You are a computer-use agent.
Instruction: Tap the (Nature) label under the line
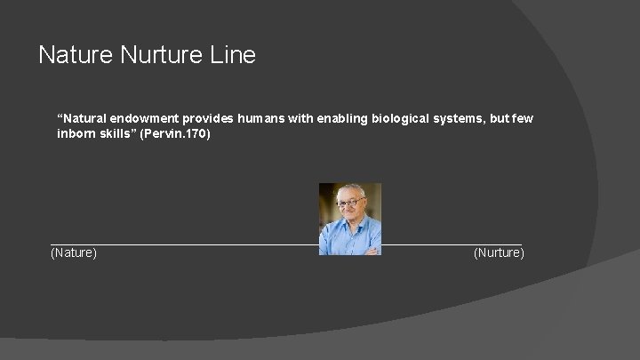[x=75, y=253]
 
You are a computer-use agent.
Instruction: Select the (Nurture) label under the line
[x=499, y=253]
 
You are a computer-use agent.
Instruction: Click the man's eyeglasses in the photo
[x=348, y=203]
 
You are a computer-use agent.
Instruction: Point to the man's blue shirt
[x=348, y=236]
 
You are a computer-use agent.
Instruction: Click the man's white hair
[x=348, y=188]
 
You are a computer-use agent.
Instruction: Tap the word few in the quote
[x=523, y=119]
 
